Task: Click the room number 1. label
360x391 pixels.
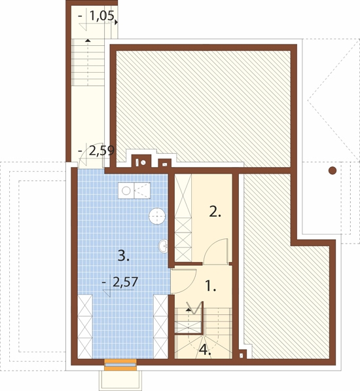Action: click(x=211, y=286)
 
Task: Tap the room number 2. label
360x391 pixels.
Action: click(x=215, y=212)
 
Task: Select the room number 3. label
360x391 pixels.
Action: click(x=123, y=255)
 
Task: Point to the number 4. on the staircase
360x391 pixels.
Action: click(x=205, y=350)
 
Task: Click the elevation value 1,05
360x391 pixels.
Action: click(x=101, y=16)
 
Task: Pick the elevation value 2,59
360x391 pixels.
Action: click(x=101, y=151)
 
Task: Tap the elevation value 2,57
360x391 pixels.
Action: click(x=125, y=282)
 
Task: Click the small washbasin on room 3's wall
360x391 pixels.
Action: click(x=164, y=246)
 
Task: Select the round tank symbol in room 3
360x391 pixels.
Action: click(x=157, y=216)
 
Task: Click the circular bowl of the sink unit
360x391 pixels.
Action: click(x=126, y=191)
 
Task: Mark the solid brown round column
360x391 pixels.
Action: click(x=333, y=171)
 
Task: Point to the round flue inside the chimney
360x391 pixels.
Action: click(x=143, y=163)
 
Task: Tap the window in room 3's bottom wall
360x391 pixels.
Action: click(x=120, y=365)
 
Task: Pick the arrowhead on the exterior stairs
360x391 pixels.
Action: click(x=87, y=40)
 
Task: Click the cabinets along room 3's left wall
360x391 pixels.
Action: click(x=85, y=327)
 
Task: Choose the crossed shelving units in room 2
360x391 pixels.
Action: click(x=183, y=217)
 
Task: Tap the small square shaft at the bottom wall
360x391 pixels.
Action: click(x=241, y=356)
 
